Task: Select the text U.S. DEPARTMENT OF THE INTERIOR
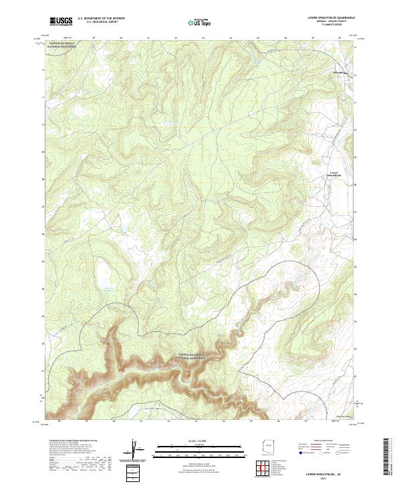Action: click(102, 19)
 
